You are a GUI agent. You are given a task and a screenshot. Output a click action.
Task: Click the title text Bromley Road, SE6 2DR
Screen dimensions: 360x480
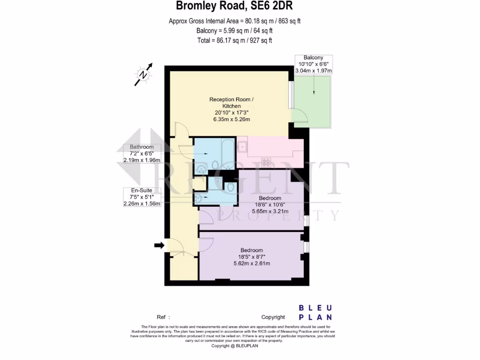235,6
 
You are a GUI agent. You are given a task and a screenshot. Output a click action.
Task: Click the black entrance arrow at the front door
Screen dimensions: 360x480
159,245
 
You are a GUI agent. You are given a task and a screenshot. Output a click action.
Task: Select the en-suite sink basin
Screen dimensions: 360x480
198,197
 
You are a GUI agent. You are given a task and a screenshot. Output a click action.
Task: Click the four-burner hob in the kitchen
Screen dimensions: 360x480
267,162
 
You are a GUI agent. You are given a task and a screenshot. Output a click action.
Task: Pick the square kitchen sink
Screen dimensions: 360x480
243,147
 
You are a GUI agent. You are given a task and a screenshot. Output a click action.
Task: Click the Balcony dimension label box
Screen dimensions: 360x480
313,64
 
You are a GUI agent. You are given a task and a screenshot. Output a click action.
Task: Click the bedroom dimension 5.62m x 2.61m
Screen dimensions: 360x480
252,263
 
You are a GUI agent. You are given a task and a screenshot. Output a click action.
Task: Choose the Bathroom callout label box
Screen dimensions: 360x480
142,153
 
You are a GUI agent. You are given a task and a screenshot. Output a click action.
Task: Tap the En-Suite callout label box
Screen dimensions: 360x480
142,197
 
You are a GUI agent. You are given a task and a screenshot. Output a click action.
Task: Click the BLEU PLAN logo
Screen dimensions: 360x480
315,312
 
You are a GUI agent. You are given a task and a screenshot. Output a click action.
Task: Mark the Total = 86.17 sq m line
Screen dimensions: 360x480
235,41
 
